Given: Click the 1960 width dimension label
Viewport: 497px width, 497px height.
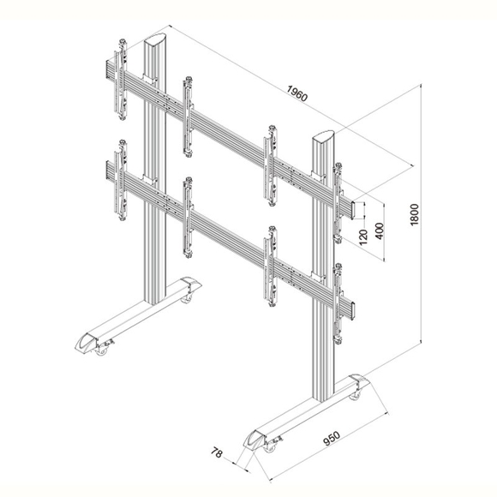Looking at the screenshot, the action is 297,93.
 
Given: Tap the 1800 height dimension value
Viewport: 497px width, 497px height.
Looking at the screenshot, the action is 415,214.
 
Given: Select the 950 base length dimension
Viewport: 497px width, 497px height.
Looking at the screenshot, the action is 332,438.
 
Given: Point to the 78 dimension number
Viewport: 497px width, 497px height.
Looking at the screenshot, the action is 217,452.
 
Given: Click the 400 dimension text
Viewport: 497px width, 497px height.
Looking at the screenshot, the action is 380,231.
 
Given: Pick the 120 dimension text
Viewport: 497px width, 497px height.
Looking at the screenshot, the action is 363,237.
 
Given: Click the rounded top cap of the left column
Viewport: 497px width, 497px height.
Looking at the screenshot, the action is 155,39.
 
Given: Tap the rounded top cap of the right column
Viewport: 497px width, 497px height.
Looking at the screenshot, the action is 324,136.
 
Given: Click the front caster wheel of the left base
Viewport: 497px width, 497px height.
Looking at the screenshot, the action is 102,350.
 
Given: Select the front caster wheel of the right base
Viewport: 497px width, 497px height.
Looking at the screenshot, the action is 270,447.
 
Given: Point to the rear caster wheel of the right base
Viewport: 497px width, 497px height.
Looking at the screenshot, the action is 355,396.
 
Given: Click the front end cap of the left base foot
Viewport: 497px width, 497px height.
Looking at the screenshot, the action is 86,343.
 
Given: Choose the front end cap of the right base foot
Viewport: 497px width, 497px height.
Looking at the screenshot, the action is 254,440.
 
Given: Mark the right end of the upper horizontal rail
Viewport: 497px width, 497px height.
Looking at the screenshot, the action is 352,210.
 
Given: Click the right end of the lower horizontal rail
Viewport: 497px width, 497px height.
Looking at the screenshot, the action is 352,310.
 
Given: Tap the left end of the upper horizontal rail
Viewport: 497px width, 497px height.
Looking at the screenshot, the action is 108,69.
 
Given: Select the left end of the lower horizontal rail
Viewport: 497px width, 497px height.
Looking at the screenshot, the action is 108,170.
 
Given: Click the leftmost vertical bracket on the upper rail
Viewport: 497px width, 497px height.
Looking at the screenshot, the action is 121,79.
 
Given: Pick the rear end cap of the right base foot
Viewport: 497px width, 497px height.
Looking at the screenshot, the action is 360,381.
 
